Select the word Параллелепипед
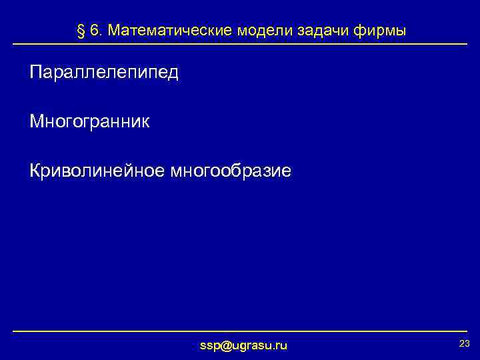[x=104, y=72]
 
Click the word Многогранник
[x=90, y=121]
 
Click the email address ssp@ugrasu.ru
[x=244, y=345]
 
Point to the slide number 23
[x=465, y=343]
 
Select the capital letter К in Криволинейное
[x=35, y=171]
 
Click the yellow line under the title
[x=240, y=44]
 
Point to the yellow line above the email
[x=240, y=331]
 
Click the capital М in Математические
[x=113, y=31]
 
